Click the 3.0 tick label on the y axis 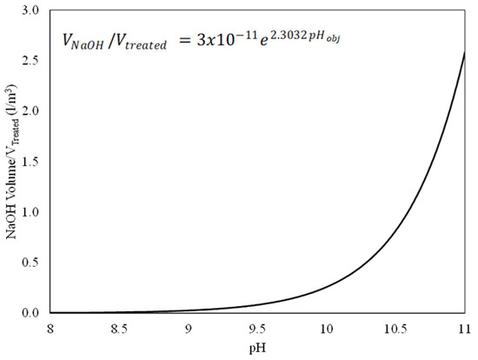pos(34,10)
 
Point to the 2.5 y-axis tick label pos(34,60)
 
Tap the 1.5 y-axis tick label pos(34,161)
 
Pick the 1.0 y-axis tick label pos(34,211)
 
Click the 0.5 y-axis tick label pos(34,262)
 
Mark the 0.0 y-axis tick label pos(34,312)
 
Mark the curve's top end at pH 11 pos(466,52)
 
